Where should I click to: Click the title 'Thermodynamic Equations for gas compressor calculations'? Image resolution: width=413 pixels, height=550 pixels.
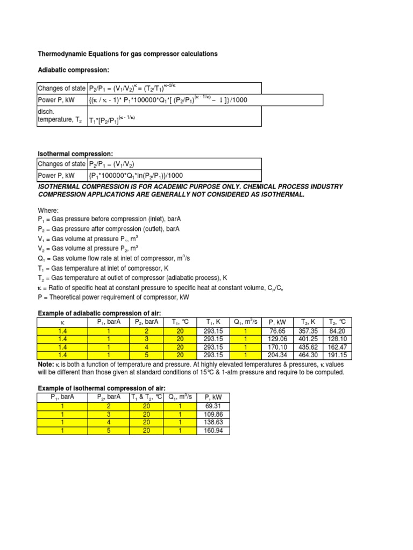click(x=127, y=54)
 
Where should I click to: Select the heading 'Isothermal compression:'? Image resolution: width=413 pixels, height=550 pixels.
click(x=75, y=154)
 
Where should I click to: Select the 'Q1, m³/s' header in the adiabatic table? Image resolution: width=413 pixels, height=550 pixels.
click(x=244, y=322)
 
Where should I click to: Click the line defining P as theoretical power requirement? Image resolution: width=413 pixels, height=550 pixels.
click(x=113, y=297)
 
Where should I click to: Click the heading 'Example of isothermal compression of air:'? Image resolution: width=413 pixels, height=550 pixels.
click(x=101, y=388)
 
